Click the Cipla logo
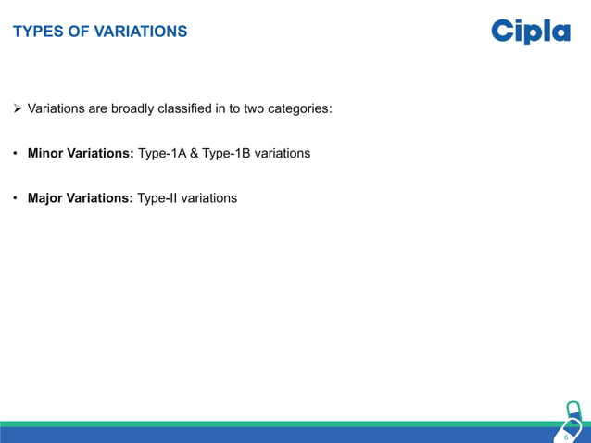530,32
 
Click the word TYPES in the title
35,32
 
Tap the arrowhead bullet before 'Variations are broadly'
18,109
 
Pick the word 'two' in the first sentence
255,109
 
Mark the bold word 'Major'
45,198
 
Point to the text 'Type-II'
158,198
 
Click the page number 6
566,436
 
